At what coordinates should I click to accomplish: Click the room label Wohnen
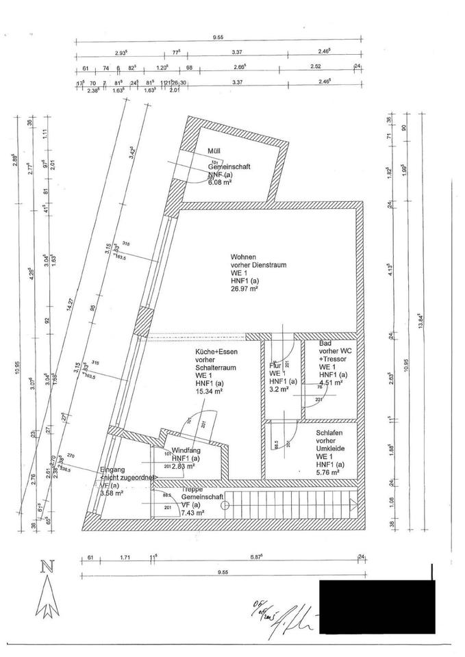pos(242,257)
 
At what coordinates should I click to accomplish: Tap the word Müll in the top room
pos(214,151)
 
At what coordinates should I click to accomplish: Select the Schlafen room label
pos(329,433)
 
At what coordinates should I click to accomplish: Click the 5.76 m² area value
pos(329,472)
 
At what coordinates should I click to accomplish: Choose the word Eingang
pos(112,469)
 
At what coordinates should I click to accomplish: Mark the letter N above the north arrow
pos(47,567)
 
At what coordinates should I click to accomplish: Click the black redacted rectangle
pos(377,606)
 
